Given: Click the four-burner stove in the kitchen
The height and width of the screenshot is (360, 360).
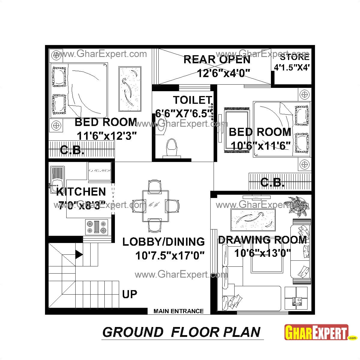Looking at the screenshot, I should pyautogui.click(x=97, y=227).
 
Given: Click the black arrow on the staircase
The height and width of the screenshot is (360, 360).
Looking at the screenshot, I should pyautogui.click(x=79, y=254).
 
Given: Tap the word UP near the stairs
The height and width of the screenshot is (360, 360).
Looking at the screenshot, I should pyautogui.click(x=130, y=294).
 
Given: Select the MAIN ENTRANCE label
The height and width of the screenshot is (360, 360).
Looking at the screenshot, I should pyautogui.click(x=178, y=311).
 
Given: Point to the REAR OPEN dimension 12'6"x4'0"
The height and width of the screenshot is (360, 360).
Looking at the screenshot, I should pyautogui.click(x=223, y=73).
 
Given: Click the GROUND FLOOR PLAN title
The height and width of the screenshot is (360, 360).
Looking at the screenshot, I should pyautogui.click(x=181, y=332).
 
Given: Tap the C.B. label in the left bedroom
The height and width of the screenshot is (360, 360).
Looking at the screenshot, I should pyautogui.click(x=72, y=150).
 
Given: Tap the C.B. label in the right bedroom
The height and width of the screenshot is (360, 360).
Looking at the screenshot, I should pyautogui.click(x=272, y=182).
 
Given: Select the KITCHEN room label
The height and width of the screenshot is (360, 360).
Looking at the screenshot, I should pyautogui.click(x=81, y=192).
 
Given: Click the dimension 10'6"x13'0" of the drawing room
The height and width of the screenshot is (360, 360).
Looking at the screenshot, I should pyautogui.click(x=262, y=253).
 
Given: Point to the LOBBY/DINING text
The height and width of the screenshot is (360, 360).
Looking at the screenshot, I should pyautogui.click(x=163, y=241).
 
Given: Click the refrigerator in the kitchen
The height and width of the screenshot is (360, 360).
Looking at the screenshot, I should pyautogui.click(x=99, y=171).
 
